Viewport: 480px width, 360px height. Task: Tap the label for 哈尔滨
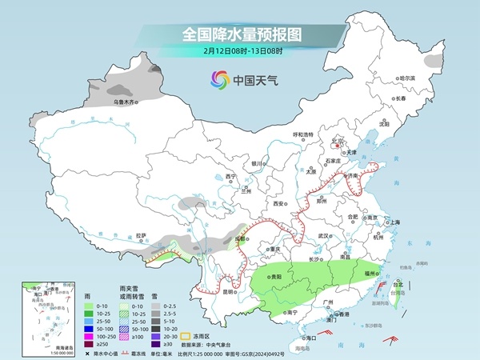pyautogui.click(x=408, y=78)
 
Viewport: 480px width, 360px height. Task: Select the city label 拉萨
pyautogui.click(x=141, y=235)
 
